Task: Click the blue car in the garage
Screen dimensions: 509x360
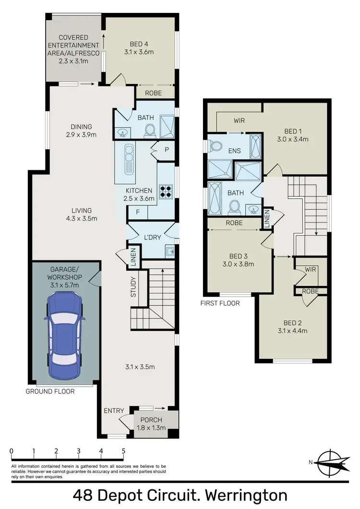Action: pyautogui.click(x=64, y=335)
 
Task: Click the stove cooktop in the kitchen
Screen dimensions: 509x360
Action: pyautogui.click(x=166, y=191)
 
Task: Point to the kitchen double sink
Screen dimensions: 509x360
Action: pyautogui.click(x=129, y=158)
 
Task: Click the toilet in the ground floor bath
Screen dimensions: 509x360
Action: pyautogui.click(x=150, y=130)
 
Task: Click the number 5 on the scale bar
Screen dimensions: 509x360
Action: pyautogui.click(x=123, y=451)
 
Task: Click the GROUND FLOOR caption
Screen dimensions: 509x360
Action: pyautogui.click(x=50, y=391)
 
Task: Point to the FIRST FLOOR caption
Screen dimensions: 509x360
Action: pyautogui.click(x=220, y=303)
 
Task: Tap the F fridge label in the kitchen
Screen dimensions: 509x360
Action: pyautogui.click(x=137, y=212)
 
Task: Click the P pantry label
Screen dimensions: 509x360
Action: pyautogui.click(x=167, y=149)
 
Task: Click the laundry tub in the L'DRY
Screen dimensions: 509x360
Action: pyautogui.click(x=169, y=250)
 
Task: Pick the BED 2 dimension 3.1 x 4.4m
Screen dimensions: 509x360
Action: pyautogui.click(x=292, y=331)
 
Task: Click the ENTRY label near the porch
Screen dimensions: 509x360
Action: pyautogui.click(x=114, y=411)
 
